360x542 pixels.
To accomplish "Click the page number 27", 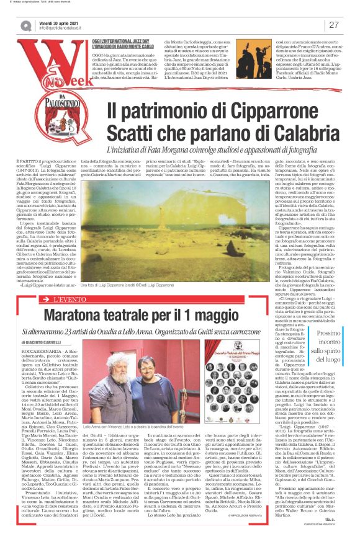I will [x=333, y=25].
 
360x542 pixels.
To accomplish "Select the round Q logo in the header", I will [x=26, y=25].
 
